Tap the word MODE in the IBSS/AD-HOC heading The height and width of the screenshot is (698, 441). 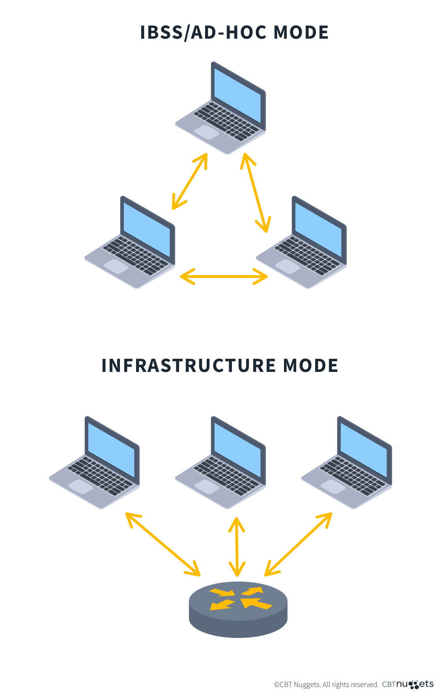301,32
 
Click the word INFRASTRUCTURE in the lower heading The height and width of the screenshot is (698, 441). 189,366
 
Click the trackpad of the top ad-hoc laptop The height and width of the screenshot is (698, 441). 207,132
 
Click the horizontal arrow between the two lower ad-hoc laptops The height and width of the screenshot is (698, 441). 224,276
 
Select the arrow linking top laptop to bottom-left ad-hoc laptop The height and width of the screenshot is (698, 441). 190,181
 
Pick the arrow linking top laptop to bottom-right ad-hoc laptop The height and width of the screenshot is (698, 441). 256,193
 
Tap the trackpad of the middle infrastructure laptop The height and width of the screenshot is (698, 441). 207,487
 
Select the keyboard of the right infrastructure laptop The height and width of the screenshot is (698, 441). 352,477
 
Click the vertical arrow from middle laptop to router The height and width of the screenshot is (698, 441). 237,547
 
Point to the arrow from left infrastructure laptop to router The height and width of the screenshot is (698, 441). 163,544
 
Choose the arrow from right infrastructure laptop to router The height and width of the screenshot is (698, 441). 298,544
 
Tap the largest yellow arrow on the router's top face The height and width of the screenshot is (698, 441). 256,603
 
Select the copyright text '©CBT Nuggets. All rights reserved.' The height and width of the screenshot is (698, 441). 326,685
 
